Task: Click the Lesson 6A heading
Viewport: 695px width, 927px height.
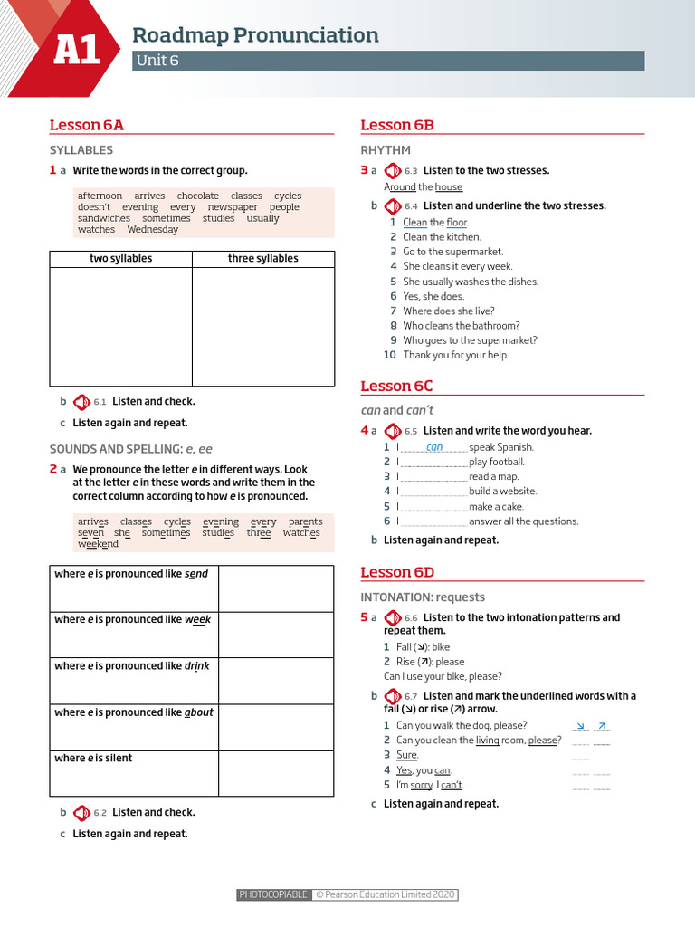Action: [86, 125]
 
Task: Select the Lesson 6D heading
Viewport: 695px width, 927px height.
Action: [397, 571]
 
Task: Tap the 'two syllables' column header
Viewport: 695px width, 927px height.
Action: [120, 259]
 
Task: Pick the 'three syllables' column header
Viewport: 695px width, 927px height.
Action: [262, 259]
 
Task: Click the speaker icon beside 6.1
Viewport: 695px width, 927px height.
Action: [81, 402]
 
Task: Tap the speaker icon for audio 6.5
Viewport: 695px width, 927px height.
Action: [393, 431]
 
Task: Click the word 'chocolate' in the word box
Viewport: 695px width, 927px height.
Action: [197, 196]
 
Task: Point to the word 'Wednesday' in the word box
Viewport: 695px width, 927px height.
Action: [152, 229]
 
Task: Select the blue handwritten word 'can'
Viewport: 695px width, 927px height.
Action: [434, 447]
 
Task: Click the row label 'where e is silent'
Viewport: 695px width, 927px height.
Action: [93, 758]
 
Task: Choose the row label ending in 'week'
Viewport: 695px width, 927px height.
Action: [133, 620]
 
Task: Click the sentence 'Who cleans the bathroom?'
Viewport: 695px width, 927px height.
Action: [461, 326]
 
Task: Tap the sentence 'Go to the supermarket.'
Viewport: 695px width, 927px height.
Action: [452, 252]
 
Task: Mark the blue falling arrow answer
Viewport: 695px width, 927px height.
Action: [581, 726]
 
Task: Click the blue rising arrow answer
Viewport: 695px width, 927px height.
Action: [603, 726]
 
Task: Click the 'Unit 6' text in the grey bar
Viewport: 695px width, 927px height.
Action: [157, 61]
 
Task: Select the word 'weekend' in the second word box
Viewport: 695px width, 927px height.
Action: [98, 544]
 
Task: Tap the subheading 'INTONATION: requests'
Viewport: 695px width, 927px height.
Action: [423, 597]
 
